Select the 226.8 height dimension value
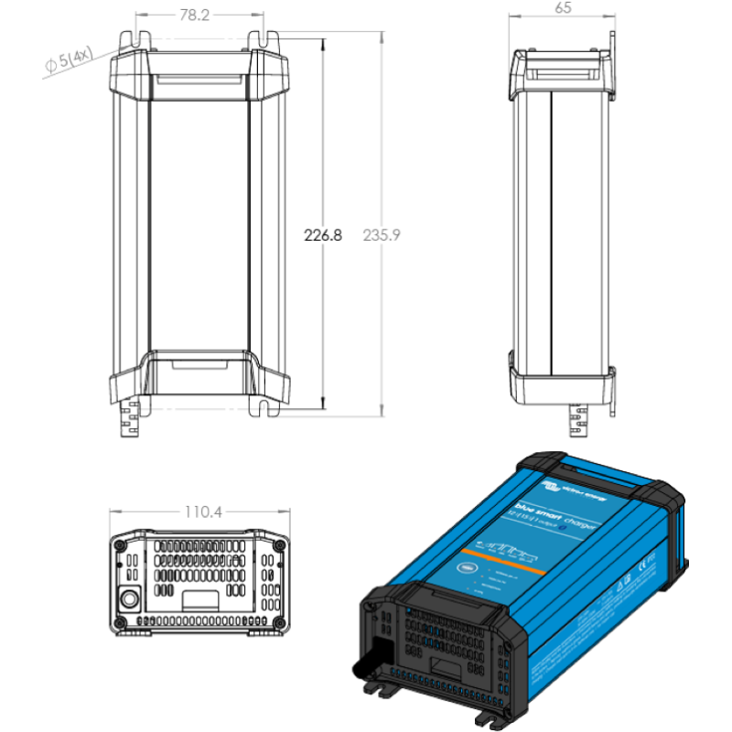tap(322, 235)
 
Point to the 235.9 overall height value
tap(382, 235)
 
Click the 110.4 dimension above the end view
tap(203, 512)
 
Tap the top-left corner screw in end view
tap(120, 544)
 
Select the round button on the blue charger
tap(468, 567)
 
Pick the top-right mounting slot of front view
tap(271, 41)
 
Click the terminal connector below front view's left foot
tap(128, 424)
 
